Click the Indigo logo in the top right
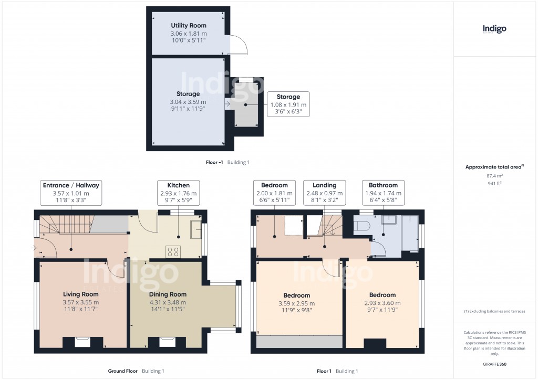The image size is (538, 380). [494, 29]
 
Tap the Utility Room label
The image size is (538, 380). [189, 25]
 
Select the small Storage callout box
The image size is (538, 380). [288, 104]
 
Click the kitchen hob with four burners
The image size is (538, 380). [173, 252]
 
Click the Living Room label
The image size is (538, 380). [81, 294]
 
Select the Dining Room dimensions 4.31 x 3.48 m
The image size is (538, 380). [168, 302]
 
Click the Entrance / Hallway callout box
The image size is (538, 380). [71, 193]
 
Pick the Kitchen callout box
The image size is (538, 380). [179, 193]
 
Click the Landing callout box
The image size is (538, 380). [324, 193]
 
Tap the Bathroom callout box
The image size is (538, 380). [383, 193]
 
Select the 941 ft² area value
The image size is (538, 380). [494, 184]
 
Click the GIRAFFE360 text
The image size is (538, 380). [495, 364]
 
